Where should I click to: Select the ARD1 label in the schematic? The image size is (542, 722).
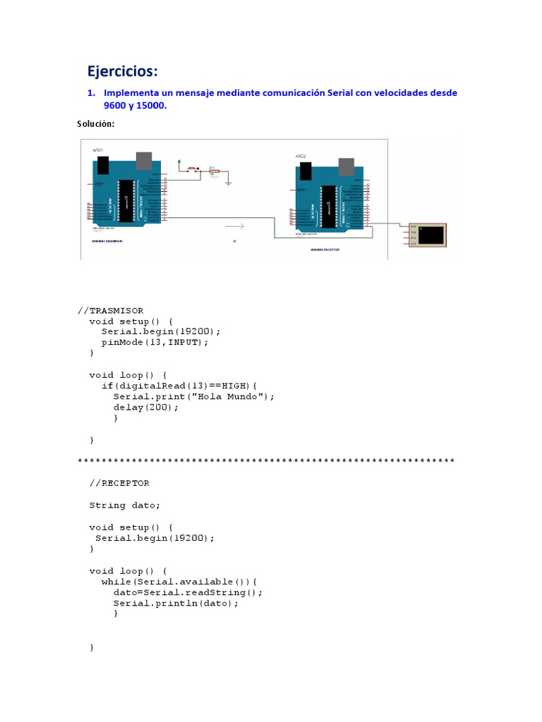[x=98, y=150]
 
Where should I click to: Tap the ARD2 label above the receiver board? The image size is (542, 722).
[x=301, y=156]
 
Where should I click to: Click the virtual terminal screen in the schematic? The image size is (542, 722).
[x=432, y=234]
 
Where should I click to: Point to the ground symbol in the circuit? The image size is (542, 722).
[x=228, y=183]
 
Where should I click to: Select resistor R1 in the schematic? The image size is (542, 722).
[x=213, y=171]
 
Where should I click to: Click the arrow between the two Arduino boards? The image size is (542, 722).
[x=235, y=226]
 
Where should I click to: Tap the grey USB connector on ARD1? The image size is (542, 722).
[x=143, y=161]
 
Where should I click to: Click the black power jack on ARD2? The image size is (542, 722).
[x=305, y=170]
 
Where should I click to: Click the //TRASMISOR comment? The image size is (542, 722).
[x=110, y=310]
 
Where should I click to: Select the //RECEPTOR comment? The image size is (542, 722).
[x=119, y=483]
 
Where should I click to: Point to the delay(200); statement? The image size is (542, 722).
[x=146, y=407]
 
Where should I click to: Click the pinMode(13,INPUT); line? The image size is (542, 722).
[x=155, y=342]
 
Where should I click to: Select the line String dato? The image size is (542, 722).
[x=125, y=505]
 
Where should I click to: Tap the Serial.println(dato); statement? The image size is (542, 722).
[x=176, y=603]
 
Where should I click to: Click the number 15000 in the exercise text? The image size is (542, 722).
[x=152, y=106]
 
